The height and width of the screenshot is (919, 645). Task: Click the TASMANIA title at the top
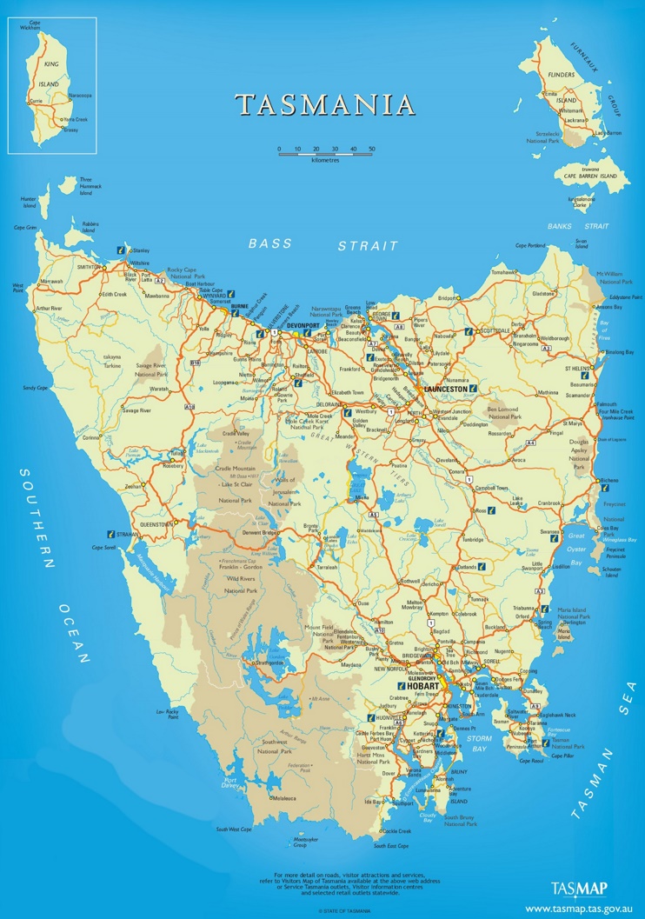325,105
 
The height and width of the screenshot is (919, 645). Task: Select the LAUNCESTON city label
446,389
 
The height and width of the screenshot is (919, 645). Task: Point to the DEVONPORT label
304,325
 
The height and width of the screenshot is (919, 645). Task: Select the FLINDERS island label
562,76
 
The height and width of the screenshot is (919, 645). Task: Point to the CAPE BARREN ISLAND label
595,176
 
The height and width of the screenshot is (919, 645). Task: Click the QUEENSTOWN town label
156,524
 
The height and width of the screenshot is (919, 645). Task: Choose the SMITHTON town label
89,267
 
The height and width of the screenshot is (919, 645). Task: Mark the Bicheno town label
611,480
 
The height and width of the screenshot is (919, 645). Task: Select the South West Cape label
234,829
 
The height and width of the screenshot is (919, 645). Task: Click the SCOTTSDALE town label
496,331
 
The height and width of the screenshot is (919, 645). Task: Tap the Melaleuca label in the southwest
286,798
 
